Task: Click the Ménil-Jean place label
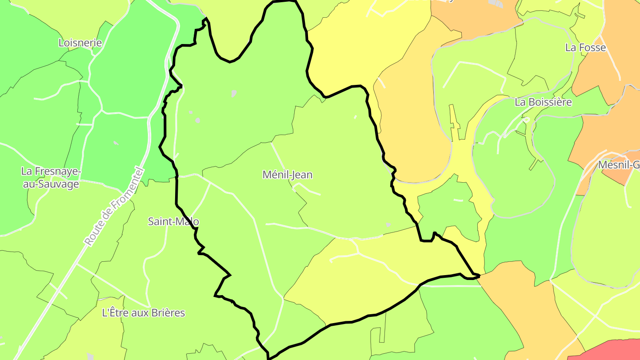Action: point(288,175)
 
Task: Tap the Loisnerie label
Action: point(80,43)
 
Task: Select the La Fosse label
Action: point(585,47)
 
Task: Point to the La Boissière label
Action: point(543,102)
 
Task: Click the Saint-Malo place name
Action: point(173,221)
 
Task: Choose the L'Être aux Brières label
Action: point(144,312)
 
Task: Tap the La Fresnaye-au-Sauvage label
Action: point(51,177)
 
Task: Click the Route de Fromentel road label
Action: point(114,206)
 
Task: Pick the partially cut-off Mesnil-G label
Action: point(619,165)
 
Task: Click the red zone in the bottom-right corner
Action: point(613,351)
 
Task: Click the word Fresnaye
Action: point(58,171)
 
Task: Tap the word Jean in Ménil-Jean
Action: point(302,175)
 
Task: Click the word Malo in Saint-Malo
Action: point(188,221)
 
